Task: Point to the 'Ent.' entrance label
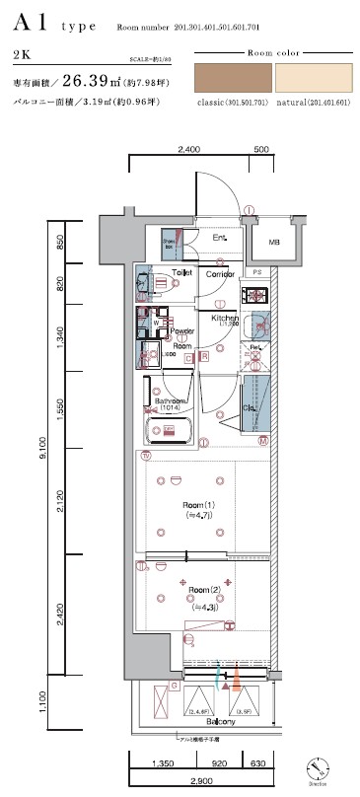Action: pos(219,239)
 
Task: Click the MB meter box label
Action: pos(274,242)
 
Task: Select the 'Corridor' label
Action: pos(220,273)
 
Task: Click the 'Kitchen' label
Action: pos(224,319)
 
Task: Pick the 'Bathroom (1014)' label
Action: pos(172,404)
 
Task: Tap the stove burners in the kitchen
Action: pos(257,294)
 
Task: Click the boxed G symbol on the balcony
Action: pos(175,685)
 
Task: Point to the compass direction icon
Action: pos(319,767)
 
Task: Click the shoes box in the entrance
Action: pos(170,243)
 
